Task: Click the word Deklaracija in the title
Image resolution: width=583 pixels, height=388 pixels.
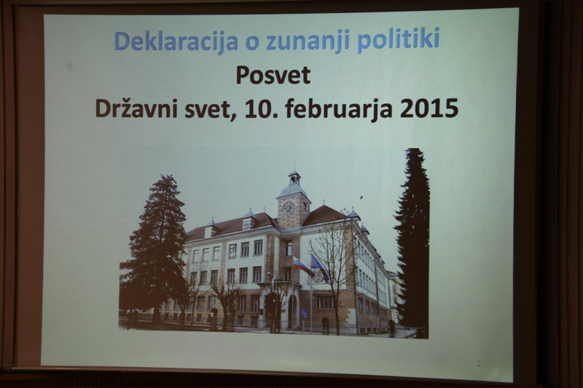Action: pos(176,41)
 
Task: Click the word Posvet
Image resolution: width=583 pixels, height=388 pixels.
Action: pos(273,75)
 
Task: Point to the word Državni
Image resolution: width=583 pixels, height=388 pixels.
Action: pos(136,108)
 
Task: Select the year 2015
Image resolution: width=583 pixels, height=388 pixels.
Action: pos(429,108)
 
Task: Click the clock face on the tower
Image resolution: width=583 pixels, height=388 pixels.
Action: pos(288,208)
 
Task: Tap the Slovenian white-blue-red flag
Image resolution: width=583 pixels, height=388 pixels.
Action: pos(302,266)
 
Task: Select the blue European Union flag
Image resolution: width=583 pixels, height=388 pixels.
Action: pos(320,268)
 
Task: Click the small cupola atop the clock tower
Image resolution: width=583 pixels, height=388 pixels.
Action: pos(294,178)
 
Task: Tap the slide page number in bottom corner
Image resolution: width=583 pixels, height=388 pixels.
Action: pos(479,363)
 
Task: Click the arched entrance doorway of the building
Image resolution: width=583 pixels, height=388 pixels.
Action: pos(293,311)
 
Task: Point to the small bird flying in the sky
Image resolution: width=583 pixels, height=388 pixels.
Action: pos(361,198)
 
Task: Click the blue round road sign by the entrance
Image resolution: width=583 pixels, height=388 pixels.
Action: pos(304,314)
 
